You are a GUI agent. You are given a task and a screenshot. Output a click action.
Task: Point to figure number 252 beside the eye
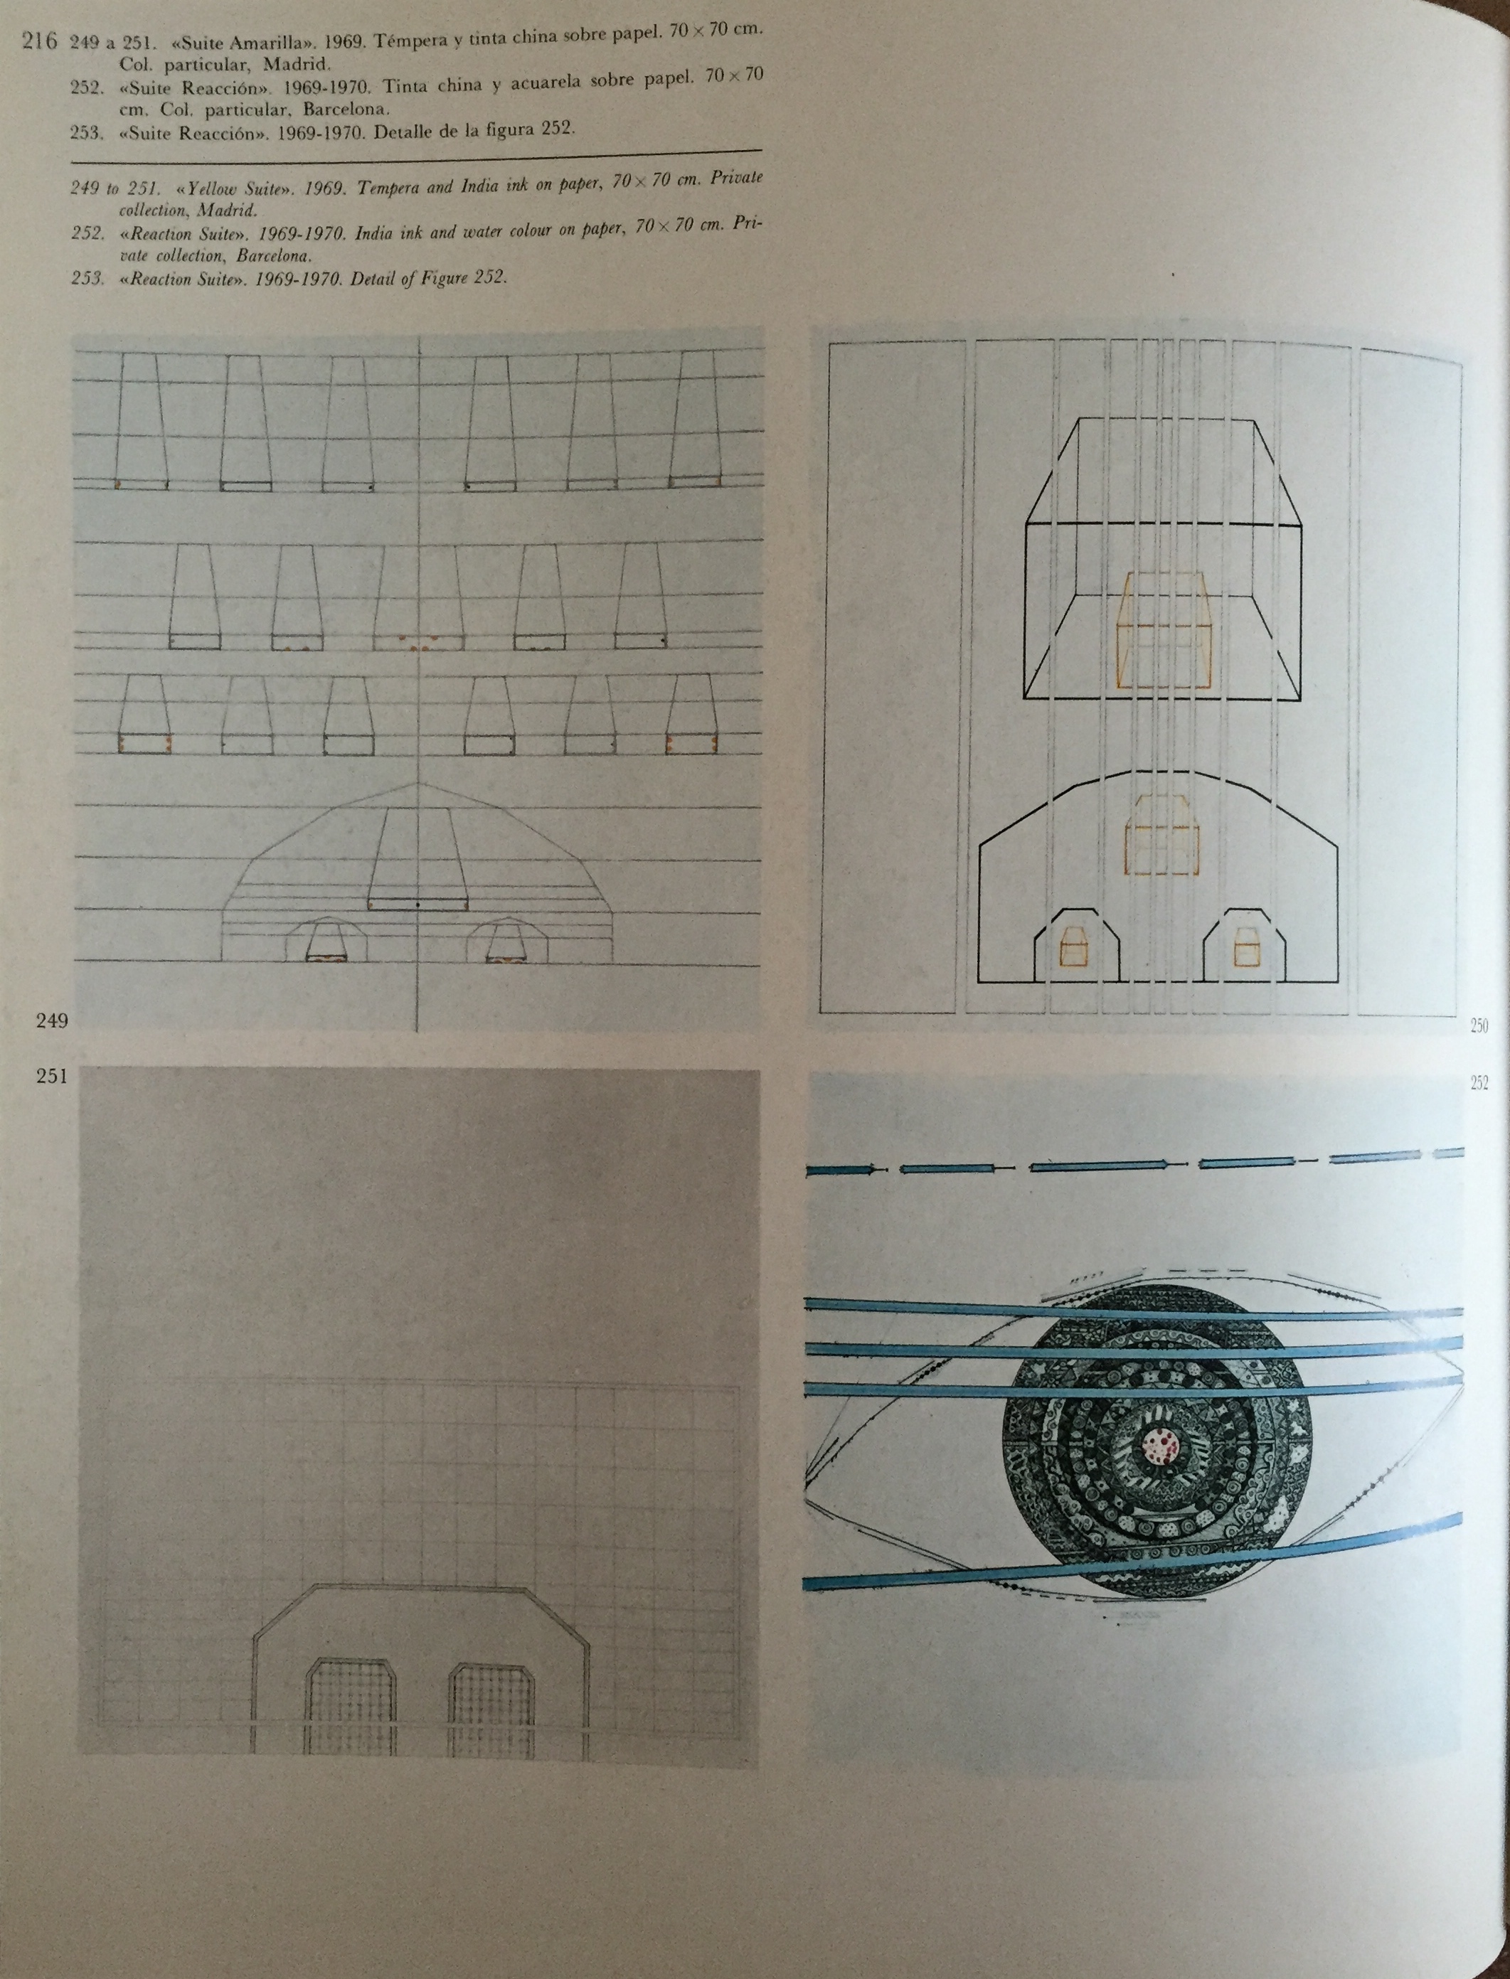click(1479, 1083)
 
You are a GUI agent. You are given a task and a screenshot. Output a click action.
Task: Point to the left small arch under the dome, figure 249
click(326, 940)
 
